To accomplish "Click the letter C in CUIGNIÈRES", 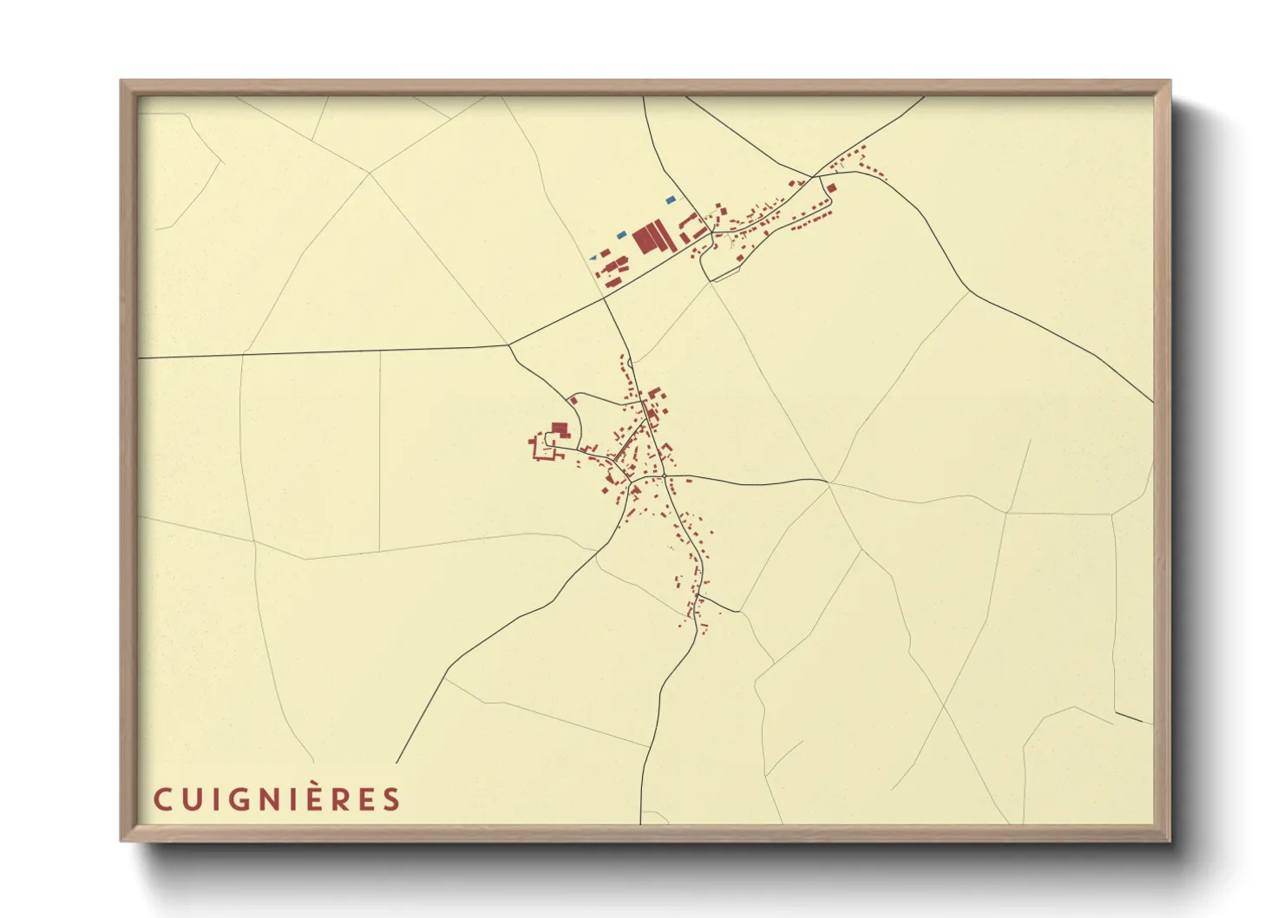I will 162,799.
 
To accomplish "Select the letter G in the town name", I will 233,799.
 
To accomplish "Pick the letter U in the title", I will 189,799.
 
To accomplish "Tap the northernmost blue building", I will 671,200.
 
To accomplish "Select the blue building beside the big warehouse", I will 621,235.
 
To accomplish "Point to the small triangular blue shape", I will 593,258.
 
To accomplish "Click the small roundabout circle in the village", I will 663,476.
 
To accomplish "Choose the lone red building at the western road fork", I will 573,401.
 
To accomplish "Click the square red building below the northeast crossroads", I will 831,187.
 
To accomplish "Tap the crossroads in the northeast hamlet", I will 814,176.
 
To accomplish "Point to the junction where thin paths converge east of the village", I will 829,482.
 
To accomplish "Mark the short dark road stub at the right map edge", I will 1133,718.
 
